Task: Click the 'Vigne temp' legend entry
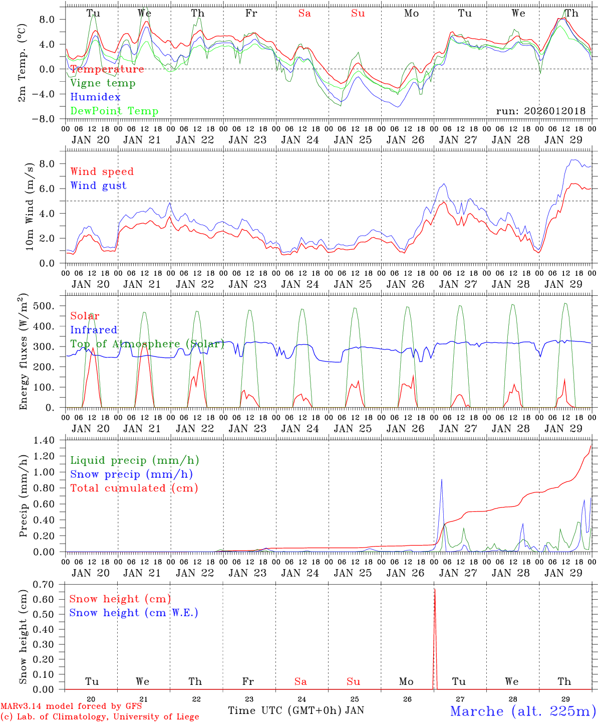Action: [x=103, y=83]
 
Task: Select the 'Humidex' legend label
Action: [x=95, y=97]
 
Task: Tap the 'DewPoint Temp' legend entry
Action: [x=114, y=111]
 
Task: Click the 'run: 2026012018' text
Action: [x=540, y=111]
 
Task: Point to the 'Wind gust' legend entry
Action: [x=98, y=186]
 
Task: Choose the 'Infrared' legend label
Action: [x=94, y=330]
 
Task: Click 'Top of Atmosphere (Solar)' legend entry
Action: [x=147, y=344]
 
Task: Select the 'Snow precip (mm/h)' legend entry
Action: [x=131, y=474]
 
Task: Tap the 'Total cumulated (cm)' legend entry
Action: [x=134, y=488]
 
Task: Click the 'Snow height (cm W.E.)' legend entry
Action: [x=133, y=613]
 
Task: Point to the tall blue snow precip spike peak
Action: [x=441, y=479]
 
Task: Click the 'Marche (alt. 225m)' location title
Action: [x=523, y=711]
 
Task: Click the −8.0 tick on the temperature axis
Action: [x=49, y=119]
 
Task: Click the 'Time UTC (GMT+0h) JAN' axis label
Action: [x=295, y=710]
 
